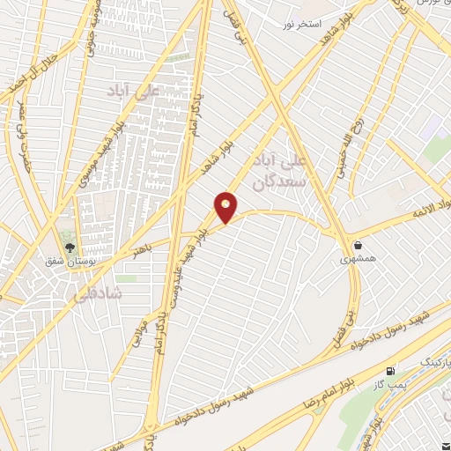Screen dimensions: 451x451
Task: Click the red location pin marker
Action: [x=226, y=207]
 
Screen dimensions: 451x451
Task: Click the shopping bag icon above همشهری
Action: [x=359, y=245]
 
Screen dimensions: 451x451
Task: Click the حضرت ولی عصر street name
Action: [x=18, y=132]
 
